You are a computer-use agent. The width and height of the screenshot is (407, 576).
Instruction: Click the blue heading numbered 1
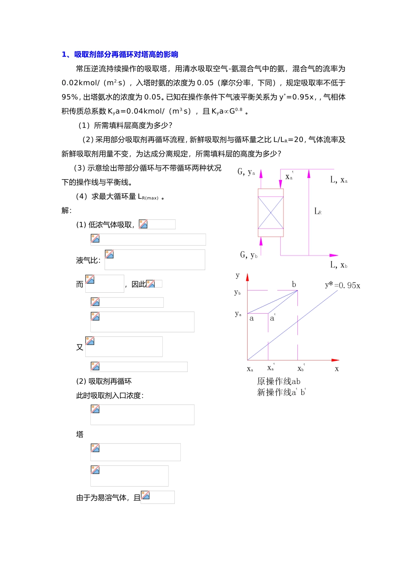(120, 54)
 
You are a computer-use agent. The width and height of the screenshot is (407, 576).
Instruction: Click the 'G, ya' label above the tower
(246, 172)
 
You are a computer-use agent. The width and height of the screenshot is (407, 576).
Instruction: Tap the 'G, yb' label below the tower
(249, 255)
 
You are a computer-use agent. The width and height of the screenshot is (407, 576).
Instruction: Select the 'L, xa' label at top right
(339, 180)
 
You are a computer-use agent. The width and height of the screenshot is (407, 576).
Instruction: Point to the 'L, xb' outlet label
(339, 265)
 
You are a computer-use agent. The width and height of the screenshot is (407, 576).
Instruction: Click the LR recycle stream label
(318, 211)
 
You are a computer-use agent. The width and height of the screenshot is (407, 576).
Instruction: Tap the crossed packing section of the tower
(271, 213)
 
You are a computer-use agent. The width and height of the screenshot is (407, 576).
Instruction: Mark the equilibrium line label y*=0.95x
(342, 285)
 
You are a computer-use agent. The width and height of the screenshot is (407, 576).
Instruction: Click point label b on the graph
(294, 285)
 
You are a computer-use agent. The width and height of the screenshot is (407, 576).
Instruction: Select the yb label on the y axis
(237, 292)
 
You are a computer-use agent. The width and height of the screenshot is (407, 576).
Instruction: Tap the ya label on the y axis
(238, 314)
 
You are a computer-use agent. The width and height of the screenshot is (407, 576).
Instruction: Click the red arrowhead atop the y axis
(247, 277)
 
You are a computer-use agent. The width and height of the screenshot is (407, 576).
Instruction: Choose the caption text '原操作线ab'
(278, 381)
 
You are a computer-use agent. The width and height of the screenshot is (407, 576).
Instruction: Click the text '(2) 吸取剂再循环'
(104, 381)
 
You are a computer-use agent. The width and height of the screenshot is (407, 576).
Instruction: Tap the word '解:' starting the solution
(66, 210)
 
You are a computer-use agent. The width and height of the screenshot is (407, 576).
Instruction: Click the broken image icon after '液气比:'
(110, 254)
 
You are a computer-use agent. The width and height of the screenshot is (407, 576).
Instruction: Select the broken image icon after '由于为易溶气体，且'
(146, 495)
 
